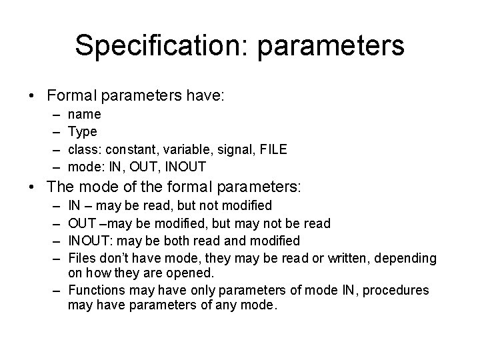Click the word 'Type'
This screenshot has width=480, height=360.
point(83,131)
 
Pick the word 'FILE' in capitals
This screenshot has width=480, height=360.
point(273,148)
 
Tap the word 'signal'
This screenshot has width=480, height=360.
point(229,148)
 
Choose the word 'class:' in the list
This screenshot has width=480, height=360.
point(86,148)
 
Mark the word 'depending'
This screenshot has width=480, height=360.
point(405,257)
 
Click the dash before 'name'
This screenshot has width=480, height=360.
point(53,115)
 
